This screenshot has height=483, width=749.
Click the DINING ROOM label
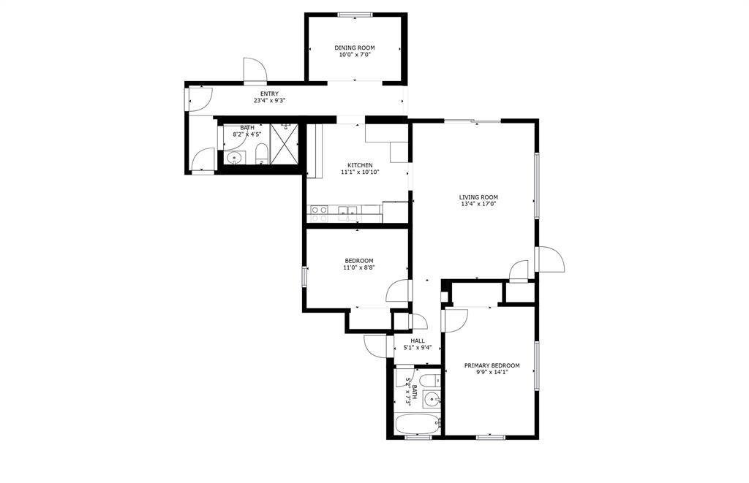(355, 47)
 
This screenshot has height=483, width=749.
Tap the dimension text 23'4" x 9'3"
(269, 101)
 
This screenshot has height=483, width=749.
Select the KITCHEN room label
(360, 165)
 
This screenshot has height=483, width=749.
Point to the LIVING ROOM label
(478, 197)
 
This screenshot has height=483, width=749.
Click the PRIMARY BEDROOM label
(492, 365)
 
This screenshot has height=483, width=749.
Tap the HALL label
(418, 341)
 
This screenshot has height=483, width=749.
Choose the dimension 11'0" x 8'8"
(358, 267)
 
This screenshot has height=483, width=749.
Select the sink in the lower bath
(432, 398)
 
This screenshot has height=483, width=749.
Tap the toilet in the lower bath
(432, 380)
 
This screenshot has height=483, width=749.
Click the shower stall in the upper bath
(285, 144)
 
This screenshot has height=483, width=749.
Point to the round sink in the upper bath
(235, 158)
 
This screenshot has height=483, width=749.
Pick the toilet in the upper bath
(261, 153)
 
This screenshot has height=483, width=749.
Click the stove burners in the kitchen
(319, 213)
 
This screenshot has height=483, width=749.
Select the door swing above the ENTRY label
(255, 69)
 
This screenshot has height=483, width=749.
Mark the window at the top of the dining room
(355, 15)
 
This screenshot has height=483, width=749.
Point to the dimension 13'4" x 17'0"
(478, 205)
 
